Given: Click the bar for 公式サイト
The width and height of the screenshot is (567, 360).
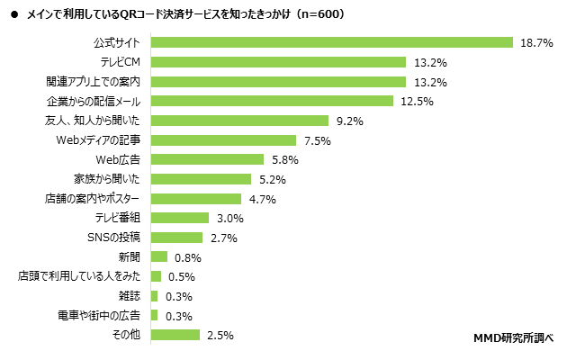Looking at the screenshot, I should (x=331, y=42).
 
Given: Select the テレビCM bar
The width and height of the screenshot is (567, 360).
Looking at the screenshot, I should (x=278, y=62).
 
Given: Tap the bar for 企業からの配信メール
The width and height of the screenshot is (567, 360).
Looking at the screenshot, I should (x=272, y=101).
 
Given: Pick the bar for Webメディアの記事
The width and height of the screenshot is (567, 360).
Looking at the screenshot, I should (x=223, y=140).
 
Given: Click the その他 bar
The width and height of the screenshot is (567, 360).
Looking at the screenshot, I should (x=175, y=335).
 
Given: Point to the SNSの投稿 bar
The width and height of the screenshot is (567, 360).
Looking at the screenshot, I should (x=177, y=238).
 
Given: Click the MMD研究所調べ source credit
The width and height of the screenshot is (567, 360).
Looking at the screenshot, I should (x=511, y=338).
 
